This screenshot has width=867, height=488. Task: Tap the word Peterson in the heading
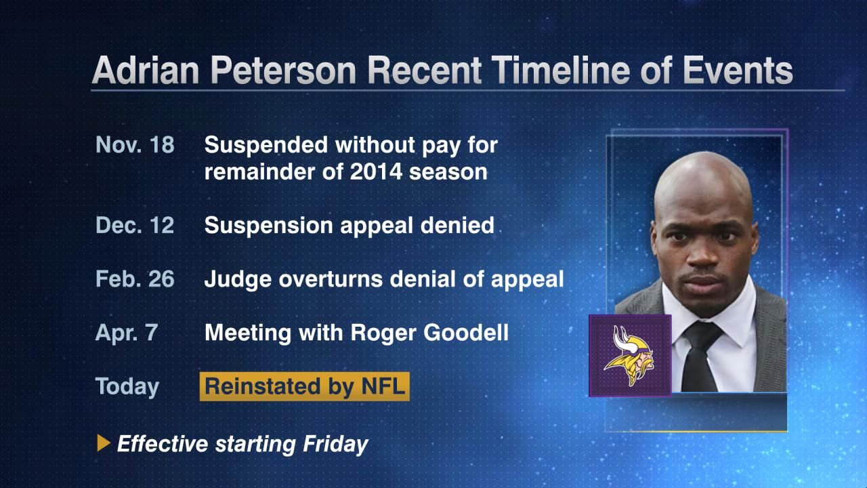(283, 70)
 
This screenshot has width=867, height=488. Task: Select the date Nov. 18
(135, 145)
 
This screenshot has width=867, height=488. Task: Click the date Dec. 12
(135, 225)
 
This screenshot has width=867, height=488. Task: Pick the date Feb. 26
(135, 279)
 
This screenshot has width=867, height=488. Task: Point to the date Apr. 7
(127, 333)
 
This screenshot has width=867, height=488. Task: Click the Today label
(127, 386)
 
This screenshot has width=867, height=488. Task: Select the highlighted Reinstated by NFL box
(305, 386)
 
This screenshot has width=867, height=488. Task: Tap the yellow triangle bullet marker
(104, 443)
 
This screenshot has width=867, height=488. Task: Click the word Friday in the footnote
(335, 444)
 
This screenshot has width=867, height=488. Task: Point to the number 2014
(376, 171)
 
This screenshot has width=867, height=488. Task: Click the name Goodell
(465, 333)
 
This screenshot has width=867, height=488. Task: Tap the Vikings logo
(630, 356)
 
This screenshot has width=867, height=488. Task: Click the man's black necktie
(700, 357)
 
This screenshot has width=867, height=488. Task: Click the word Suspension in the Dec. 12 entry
(269, 226)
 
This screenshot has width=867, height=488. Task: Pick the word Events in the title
(738, 70)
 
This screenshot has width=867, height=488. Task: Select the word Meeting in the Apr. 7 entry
(248, 333)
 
